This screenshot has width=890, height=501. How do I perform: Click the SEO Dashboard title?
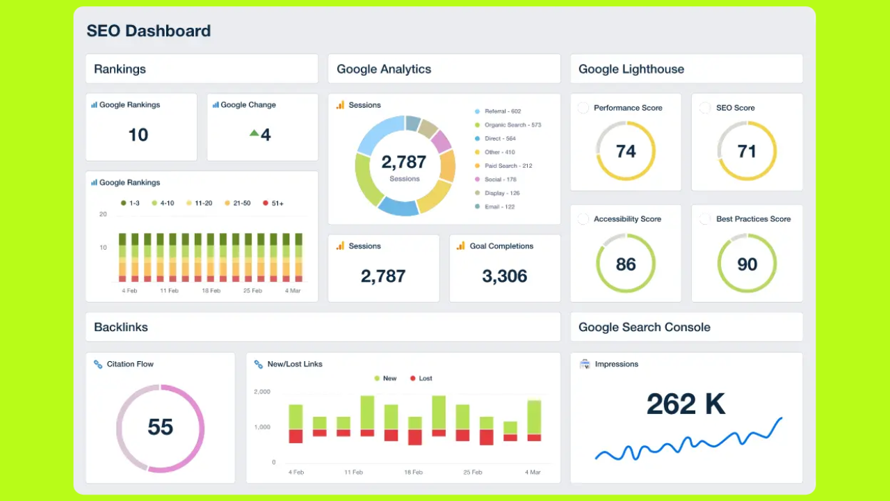click(148, 31)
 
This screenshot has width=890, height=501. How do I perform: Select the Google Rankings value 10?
click(138, 135)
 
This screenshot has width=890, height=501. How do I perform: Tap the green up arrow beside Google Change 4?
click(254, 133)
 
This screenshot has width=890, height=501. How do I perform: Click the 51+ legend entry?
click(273, 203)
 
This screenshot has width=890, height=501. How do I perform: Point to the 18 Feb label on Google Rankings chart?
click(211, 291)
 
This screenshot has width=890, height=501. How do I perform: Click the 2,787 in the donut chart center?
click(404, 162)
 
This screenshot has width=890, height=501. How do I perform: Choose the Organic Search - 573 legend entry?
click(512, 125)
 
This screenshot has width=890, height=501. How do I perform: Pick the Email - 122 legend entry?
click(499, 207)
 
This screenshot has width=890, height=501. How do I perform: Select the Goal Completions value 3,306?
click(505, 276)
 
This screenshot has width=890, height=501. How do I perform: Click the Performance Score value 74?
click(626, 152)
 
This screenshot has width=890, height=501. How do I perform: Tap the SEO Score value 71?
click(747, 152)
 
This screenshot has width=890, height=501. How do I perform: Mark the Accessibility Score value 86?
click(626, 264)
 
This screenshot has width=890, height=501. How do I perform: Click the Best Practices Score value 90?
click(747, 264)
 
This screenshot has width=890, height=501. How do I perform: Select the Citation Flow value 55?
click(160, 427)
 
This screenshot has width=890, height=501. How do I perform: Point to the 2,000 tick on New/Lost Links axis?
click(261, 392)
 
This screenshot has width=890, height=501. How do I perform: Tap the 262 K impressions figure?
click(686, 404)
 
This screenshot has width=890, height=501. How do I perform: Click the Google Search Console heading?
click(645, 327)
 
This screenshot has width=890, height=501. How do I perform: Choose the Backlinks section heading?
click(121, 327)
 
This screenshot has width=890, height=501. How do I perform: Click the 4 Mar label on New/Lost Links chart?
click(532, 472)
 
